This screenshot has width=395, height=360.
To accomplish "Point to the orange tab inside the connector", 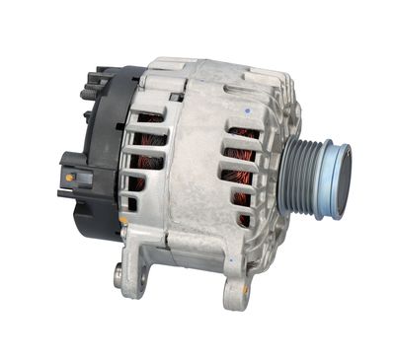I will click(x=70, y=178).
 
